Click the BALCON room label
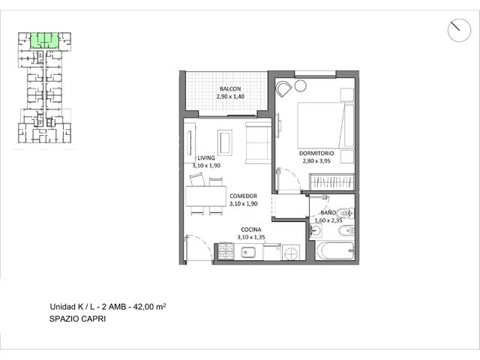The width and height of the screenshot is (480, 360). [230, 88]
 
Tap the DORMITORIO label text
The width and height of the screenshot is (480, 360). [316, 153]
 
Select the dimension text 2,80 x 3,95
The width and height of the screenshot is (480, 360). [316, 161]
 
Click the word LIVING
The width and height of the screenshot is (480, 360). [206, 158]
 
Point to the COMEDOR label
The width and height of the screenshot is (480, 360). [243, 196]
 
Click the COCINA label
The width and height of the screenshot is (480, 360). [251, 229]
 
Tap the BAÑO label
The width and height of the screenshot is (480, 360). [328, 212]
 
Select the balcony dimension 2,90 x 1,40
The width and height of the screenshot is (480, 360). [230, 97]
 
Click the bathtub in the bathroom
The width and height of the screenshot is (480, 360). [335, 251]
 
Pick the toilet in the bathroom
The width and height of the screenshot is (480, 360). [345, 213]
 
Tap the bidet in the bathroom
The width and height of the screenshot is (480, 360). [346, 231]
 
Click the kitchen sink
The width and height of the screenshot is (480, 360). [248, 252]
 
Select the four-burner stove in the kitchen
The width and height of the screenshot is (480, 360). [226, 251]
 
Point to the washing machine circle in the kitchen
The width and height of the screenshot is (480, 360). [291, 253]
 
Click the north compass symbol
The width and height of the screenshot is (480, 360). [459, 30]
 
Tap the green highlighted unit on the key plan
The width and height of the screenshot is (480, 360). [44, 40]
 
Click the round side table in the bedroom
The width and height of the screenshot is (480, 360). [301, 85]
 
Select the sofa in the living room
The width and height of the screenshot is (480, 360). [258, 142]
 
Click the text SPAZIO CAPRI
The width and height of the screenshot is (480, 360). [78, 319]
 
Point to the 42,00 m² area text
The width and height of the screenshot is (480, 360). [150, 307]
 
